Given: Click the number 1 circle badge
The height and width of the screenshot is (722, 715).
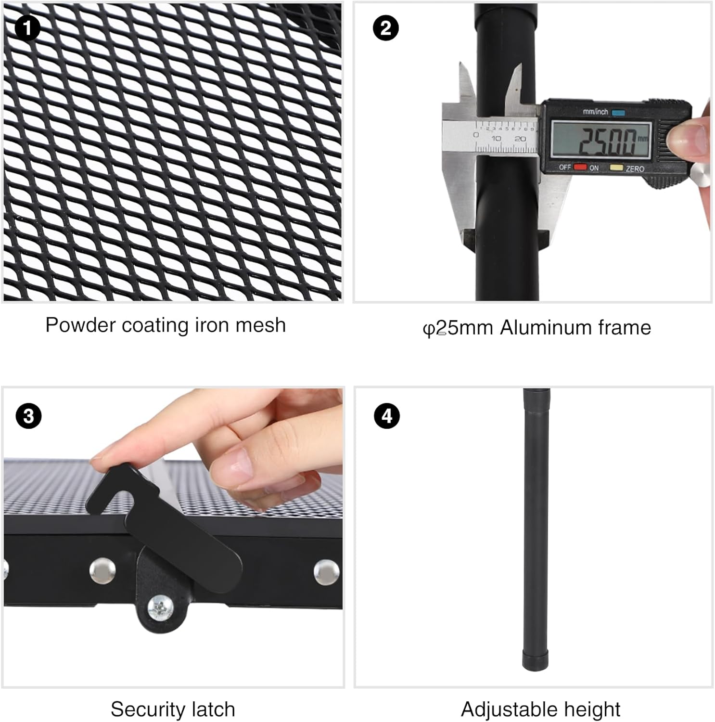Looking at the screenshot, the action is (x=27, y=28).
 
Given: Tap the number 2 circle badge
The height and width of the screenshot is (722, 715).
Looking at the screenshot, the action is (x=386, y=28).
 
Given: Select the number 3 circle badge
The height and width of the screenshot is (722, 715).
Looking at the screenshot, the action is (x=28, y=415).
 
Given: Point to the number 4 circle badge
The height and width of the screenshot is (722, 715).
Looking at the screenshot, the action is (x=387, y=416).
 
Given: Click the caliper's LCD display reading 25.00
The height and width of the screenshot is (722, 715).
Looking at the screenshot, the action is (x=601, y=139).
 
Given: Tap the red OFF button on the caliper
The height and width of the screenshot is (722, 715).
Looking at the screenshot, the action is (x=580, y=167).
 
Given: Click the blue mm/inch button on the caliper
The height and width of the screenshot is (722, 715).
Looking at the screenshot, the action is (x=618, y=113).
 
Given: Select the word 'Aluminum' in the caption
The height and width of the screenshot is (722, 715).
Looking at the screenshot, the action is (x=546, y=328).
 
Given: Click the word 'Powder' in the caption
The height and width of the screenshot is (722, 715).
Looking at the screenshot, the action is (x=81, y=325).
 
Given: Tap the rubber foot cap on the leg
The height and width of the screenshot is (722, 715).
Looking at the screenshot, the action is (x=535, y=659).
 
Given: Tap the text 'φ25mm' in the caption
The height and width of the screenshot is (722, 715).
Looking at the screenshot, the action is (x=458, y=328).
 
